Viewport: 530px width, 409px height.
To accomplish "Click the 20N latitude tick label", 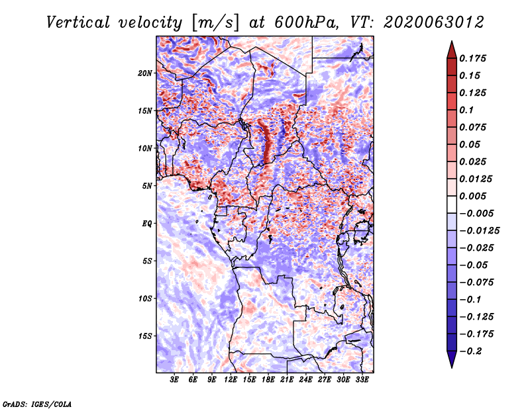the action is pos(145,73).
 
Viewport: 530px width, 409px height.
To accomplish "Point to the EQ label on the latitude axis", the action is pos(147,224).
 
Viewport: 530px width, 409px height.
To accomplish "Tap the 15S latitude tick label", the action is pos(145,336).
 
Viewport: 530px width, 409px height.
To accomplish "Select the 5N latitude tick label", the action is pos(147,186).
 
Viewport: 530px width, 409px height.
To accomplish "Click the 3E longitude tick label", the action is pos(174,380).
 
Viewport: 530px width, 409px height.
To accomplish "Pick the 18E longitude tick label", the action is pos(268,380).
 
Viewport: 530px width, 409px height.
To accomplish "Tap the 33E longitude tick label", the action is pos(362,380).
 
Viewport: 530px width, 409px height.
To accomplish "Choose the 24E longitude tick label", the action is pos(305,380).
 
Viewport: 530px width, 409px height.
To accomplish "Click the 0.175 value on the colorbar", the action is pos(472,58).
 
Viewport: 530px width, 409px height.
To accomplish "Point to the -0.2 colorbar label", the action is pos(470,351).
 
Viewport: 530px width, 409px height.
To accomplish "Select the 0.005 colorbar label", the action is pos(472,196).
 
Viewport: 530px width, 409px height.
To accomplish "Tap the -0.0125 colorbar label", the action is pos(479,231).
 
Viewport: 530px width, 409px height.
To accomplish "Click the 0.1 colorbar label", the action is pos(466,110).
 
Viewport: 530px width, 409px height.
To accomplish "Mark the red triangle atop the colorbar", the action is pos(452,50).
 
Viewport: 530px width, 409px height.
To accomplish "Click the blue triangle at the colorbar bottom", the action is pos(452,359).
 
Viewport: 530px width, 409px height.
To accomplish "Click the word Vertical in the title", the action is pos(78,23).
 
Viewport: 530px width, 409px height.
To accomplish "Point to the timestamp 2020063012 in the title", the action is pos(434,23).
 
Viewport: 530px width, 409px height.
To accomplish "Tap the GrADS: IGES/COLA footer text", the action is pos(37,404).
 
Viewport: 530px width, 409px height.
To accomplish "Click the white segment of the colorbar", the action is pos(452,204).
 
